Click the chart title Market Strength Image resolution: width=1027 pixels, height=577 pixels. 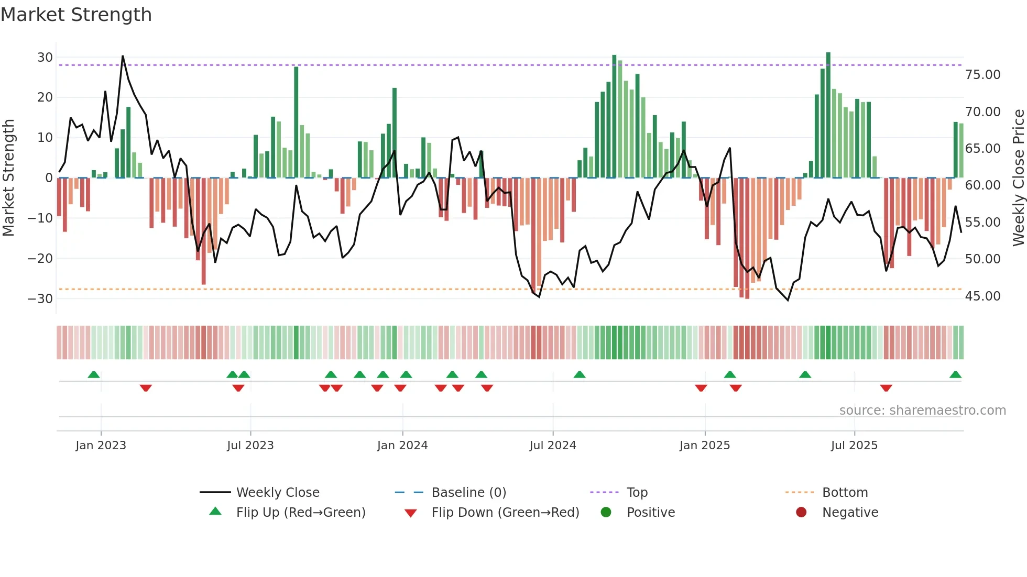(76, 15)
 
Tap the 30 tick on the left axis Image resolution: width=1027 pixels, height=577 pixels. (45, 57)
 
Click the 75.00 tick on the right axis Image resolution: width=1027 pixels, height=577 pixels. (982, 75)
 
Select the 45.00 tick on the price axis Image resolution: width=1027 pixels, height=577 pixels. (982, 296)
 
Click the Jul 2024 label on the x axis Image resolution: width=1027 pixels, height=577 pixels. (552, 446)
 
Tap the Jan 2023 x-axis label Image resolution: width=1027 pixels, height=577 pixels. (101, 446)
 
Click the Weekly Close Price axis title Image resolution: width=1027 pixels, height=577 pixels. (1018, 177)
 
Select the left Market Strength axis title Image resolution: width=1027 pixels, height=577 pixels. (8, 177)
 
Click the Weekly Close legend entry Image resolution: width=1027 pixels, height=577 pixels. (277, 493)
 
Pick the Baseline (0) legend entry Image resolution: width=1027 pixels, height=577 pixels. (468, 493)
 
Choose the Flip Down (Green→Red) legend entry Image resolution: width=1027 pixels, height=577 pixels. (505, 513)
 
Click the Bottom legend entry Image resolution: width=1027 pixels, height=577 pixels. (845, 493)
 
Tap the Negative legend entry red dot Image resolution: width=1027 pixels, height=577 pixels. (801, 513)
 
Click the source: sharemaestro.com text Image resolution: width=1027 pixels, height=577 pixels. (922, 410)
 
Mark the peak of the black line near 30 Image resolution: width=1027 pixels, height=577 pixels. (123, 56)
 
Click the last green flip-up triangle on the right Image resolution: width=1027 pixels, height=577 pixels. (955, 375)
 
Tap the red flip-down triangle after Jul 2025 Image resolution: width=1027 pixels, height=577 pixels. (886, 388)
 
